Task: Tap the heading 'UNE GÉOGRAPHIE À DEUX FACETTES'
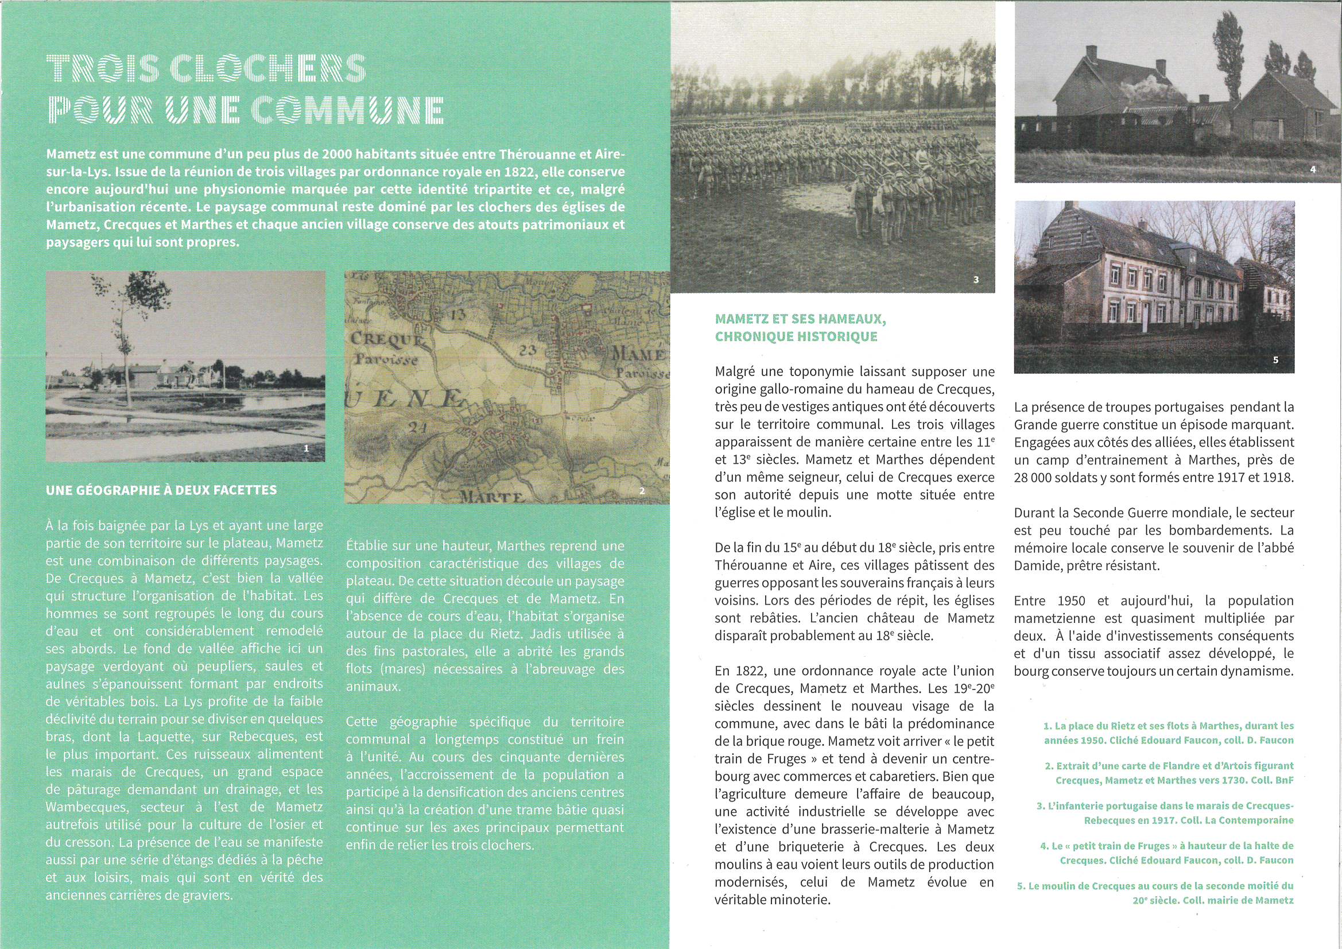tap(161, 490)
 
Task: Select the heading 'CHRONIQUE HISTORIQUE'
tap(796, 336)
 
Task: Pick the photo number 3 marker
tap(976, 280)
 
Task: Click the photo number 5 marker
tap(1275, 360)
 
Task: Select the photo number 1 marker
tap(307, 448)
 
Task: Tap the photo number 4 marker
tap(1313, 169)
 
